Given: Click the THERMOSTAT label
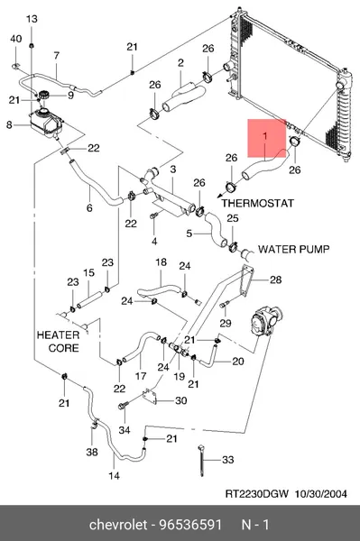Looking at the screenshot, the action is coord(258,203).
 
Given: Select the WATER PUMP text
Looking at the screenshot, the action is coord(294,249).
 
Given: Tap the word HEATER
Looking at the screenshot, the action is coord(58,335).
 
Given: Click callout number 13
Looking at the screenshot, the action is coord(32,19).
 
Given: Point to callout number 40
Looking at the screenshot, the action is coord(16,39).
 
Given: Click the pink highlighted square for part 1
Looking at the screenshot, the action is coord(267,138).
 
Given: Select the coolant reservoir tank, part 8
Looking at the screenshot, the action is coord(46,122).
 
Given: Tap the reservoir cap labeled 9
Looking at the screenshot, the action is coord(44,95).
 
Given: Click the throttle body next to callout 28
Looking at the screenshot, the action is coord(266,322).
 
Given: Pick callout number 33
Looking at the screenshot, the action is coord(227,460).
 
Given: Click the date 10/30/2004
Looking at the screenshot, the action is coord(320,494).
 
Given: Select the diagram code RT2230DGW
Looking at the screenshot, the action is coord(257,494).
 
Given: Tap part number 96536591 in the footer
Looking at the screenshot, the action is coord(190,525).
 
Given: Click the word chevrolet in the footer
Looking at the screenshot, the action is coord(118,525).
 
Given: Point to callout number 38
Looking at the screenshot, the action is coord(92,452).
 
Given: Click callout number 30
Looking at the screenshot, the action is coord(181,400).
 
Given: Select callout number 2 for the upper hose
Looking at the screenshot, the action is coord(180,63).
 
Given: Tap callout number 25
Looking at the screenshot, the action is coord(233,218).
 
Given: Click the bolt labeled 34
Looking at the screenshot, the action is coord(124,406).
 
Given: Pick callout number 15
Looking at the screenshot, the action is coord(88,272).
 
